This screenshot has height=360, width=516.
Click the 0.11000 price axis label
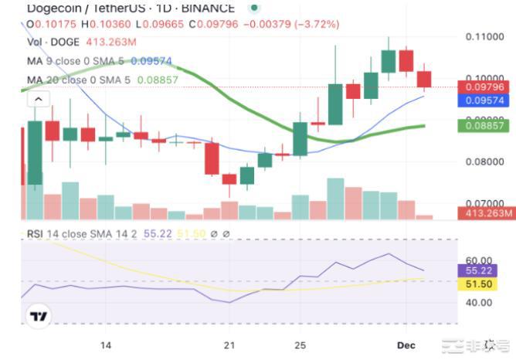click(485, 37)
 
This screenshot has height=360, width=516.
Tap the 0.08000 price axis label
click(485, 161)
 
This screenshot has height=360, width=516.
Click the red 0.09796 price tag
click(485, 87)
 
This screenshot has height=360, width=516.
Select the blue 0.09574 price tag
click(485, 100)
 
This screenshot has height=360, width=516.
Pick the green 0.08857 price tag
click(485, 124)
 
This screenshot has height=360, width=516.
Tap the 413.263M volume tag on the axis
click(485, 213)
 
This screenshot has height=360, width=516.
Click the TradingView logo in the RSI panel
click(39, 315)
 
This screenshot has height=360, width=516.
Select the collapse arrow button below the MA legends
click(39, 99)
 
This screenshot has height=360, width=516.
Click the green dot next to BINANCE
click(254, 8)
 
